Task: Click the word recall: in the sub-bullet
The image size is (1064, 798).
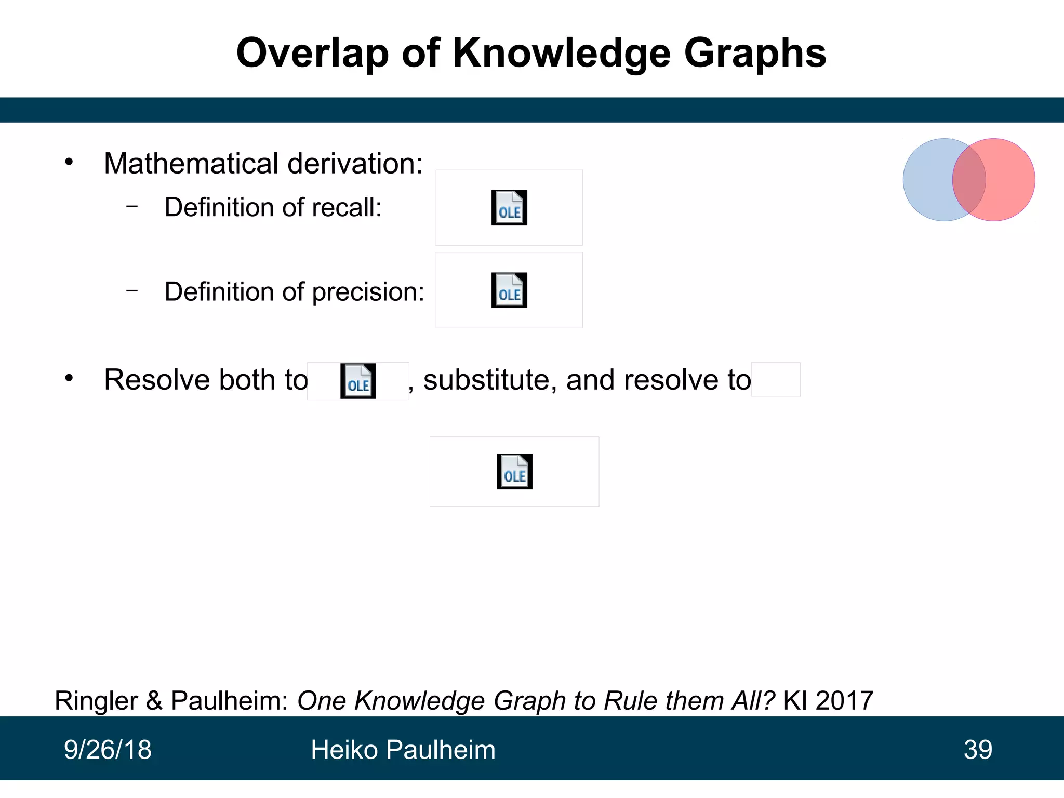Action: (x=347, y=208)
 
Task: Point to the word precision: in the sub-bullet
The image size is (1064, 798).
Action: (x=368, y=292)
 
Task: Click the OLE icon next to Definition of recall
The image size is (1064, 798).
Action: (x=509, y=208)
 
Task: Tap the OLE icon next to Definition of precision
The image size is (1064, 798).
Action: (x=509, y=290)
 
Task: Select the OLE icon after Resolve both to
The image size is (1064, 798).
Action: (x=358, y=381)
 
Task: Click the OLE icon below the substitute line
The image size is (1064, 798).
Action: (x=514, y=472)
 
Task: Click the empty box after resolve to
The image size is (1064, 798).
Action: (x=776, y=380)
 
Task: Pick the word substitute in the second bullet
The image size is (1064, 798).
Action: (x=487, y=380)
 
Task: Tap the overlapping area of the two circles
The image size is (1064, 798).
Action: (x=969, y=180)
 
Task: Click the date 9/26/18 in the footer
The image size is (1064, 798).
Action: (x=108, y=750)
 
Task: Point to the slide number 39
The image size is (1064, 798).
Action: (x=978, y=750)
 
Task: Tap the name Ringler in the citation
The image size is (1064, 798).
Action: (x=96, y=701)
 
